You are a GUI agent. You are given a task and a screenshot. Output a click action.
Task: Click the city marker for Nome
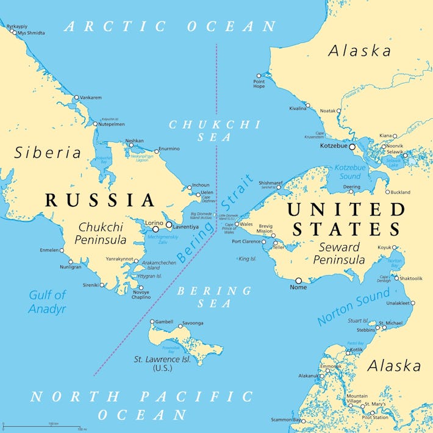(298, 281)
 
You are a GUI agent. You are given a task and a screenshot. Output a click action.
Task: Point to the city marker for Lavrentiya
(169, 225)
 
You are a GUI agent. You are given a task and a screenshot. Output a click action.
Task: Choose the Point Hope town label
(259, 84)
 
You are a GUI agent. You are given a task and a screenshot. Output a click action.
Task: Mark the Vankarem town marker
(76, 98)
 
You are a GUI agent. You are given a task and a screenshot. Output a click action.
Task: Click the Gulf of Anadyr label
(47, 302)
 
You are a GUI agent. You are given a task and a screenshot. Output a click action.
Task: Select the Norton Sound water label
(354, 307)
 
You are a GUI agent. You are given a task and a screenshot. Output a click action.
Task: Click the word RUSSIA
(100, 200)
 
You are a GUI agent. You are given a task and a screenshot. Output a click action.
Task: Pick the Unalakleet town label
(396, 303)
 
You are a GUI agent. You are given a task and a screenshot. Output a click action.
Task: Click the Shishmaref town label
(270, 182)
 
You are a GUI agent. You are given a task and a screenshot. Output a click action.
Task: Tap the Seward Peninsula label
(340, 254)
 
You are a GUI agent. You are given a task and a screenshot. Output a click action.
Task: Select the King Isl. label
(247, 259)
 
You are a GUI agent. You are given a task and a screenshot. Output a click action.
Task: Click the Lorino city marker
(155, 229)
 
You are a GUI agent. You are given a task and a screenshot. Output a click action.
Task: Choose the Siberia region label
(48, 152)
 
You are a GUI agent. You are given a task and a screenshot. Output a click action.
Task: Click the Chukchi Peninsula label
(101, 233)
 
